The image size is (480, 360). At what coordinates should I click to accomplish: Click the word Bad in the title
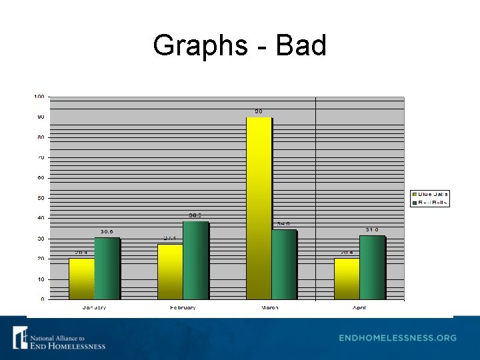pos(301,46)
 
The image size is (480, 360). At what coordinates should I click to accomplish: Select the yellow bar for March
pos(259,207)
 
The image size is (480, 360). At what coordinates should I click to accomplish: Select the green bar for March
pos(283,264)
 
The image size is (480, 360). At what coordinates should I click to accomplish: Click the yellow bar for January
pos(81,279)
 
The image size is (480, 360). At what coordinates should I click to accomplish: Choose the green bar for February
pos(195,260)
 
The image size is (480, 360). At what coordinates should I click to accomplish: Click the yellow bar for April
pos(347,279)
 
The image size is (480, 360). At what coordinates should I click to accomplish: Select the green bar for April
pos(371,267)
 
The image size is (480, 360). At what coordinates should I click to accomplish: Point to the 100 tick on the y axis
pos(39,97)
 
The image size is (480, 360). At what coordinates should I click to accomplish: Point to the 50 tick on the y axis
pos(41,198)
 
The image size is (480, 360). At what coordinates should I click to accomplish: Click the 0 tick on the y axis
pos(43,299)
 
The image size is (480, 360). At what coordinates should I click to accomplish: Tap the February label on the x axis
pos(182,308)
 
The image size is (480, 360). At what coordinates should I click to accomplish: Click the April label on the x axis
pos(359,308)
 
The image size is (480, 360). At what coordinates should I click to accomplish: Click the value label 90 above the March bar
pos(258,111)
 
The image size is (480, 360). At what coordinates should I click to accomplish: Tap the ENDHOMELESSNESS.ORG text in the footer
pos(397,338)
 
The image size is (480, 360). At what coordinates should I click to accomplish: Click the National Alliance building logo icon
pos(20,337)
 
